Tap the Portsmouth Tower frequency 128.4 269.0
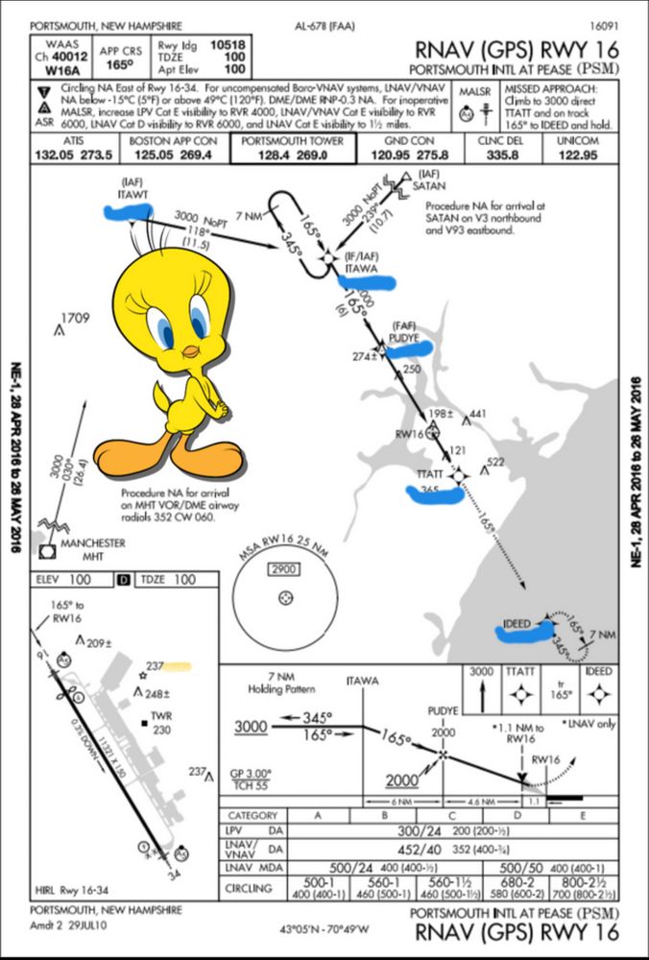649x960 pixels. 292,154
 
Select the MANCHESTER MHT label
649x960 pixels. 92,549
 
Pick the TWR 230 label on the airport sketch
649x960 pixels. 161,722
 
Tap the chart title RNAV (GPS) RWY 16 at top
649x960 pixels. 517,50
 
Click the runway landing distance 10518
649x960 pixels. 227,44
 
